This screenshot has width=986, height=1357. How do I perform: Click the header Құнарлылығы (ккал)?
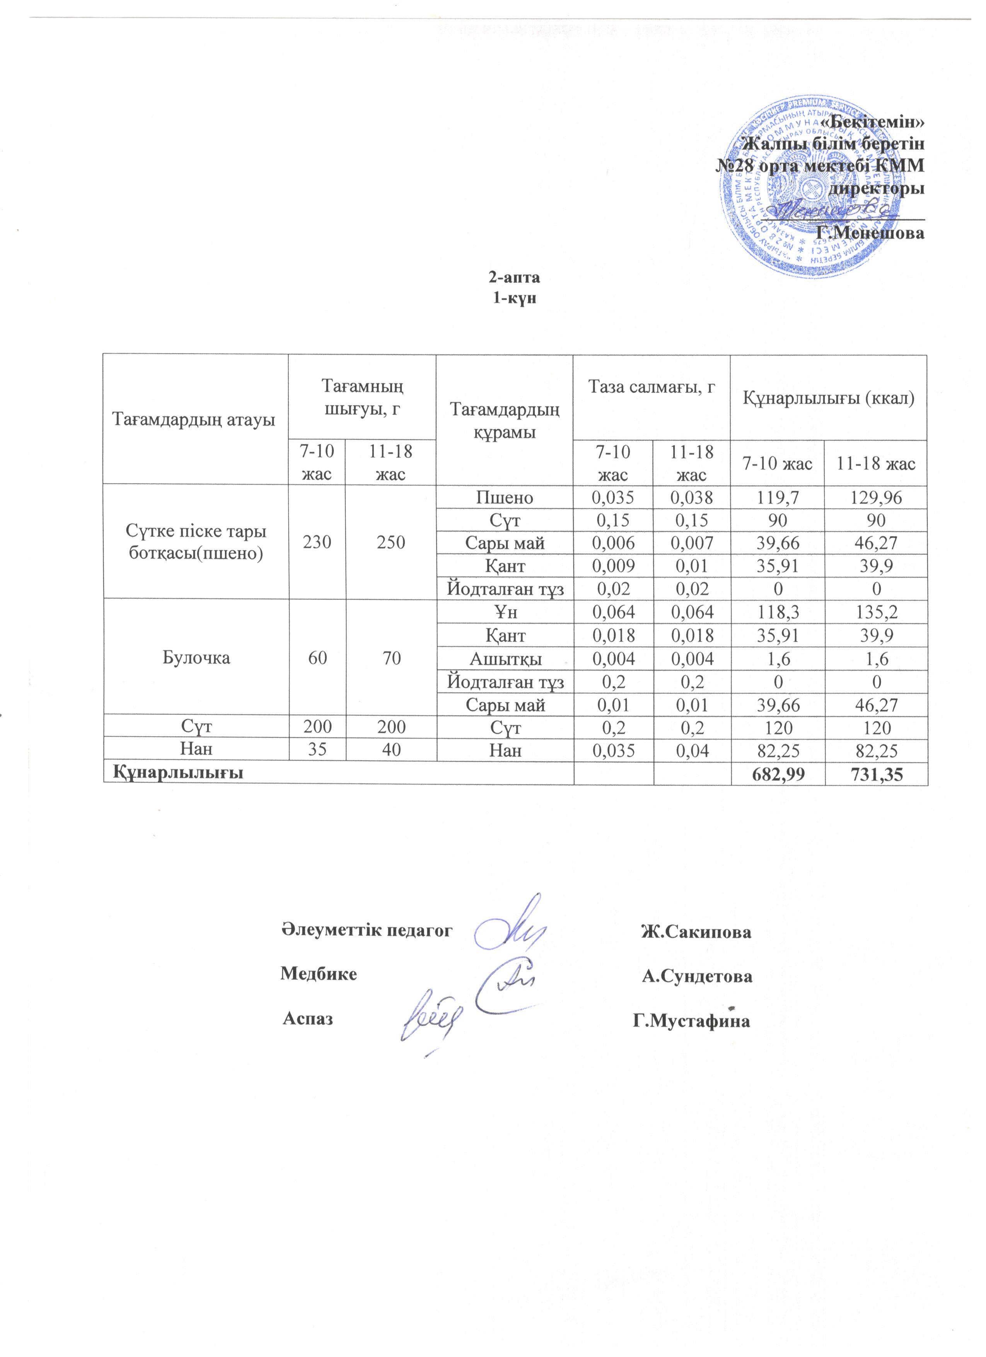[x=828, y=397]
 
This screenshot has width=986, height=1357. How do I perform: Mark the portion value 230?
[x=317, y=542]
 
